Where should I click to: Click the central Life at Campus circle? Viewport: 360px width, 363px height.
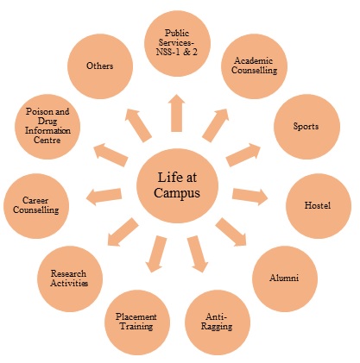point(177,185)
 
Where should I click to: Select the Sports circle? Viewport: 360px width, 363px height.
point(306,127)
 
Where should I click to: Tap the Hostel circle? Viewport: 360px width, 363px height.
point(319,206)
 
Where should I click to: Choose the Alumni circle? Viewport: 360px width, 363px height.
point(285,279)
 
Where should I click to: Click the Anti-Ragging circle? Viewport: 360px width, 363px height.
point(218,322)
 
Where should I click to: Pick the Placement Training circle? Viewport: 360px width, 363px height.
point(137,322)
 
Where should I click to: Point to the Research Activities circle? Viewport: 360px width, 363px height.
point(70,279)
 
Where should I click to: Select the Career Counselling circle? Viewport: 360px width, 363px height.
point(36,206)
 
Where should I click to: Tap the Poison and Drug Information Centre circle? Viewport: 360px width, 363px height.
point(47,127)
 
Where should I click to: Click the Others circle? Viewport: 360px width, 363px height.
point(100,66)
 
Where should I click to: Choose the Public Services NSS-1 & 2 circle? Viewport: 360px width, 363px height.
point(177,44)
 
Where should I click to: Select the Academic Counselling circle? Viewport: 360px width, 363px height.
point(255,66)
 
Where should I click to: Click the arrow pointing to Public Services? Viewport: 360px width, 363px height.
point(177,113)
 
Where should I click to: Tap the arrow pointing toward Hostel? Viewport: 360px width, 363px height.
point(249,197)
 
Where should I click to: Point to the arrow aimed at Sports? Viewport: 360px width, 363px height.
point(243,154)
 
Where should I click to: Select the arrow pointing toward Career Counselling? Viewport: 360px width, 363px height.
point(104,197)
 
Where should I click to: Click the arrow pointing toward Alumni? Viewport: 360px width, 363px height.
point(231,232)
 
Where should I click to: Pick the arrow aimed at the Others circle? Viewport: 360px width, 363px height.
point(138,125)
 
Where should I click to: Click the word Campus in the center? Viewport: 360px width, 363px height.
point(177,193)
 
